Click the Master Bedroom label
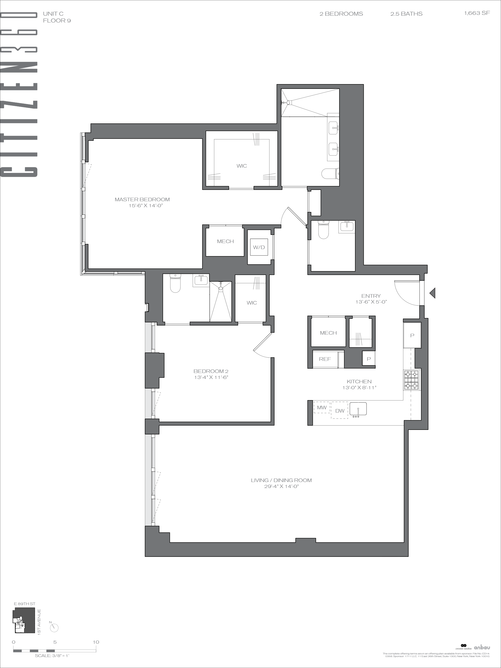(x=142, y=200)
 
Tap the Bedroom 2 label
(x=211, y=371)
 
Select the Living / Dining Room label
(x=281, y=480)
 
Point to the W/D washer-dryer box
(x=259, y=248)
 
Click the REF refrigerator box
(x=325, y=359)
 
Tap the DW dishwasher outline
(x=340, y=410)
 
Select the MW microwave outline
(x=322, y=407)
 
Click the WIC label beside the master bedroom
(x=242, y=166)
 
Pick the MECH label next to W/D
(x=225, y=241)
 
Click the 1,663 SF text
(x=477, y=13)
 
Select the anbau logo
(x=482, y=654)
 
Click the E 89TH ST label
(x=25, y=604)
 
